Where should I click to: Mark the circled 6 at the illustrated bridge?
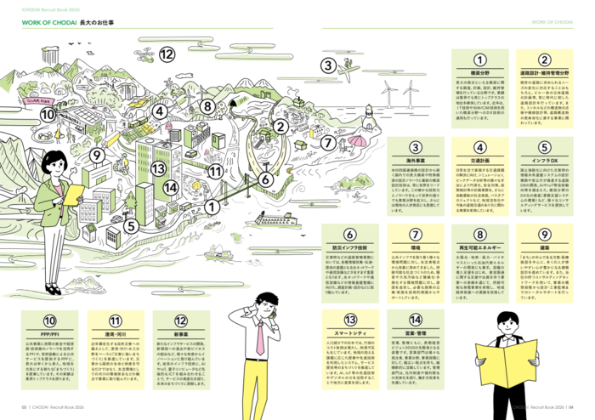pos(266,179)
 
